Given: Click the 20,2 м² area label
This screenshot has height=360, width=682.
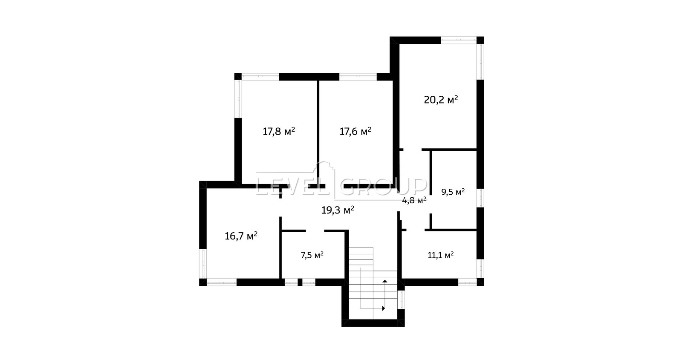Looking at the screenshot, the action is click(441, 100).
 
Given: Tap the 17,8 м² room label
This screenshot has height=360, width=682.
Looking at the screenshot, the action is click(279, 132).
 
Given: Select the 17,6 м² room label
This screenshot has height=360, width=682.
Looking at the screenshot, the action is click(355, 132).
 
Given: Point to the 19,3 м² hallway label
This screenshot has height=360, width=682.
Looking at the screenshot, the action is click(338, 210).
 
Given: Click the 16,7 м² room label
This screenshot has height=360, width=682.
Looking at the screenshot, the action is click(241, 236).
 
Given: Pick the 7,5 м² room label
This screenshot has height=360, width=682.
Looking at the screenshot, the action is click(312, 255).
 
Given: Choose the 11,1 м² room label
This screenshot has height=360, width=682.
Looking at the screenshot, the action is click(441, 255).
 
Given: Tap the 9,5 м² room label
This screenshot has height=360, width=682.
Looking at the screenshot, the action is click(453, 192).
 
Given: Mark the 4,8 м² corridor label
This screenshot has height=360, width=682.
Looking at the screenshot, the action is click(414, 201).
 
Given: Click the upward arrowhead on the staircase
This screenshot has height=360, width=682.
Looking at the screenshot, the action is click(385, 281).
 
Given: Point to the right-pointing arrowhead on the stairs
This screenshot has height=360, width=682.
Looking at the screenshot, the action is click(384, 308).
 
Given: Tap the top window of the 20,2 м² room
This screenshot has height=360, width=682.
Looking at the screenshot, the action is click(459, 40).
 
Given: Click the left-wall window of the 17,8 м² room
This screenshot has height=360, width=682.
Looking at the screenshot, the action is click(238, 99).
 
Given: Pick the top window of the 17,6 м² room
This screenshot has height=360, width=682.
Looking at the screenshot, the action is click(358, 77).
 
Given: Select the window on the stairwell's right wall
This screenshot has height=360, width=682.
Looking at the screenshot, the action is click(401, 300).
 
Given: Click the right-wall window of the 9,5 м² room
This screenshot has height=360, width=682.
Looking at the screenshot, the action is click(480, 198).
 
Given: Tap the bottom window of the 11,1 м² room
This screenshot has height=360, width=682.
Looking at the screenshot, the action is click(467, 282).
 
